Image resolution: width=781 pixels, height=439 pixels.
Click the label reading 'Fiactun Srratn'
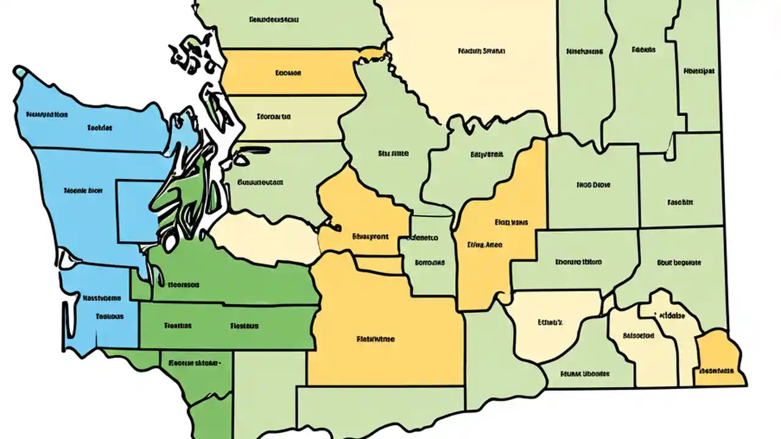tap(481, 52)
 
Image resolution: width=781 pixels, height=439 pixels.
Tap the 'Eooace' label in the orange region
tap(288, 73)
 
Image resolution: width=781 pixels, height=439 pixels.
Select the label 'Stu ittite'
tap(393, 154)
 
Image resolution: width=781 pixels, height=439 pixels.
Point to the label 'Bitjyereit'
tap(486, 155)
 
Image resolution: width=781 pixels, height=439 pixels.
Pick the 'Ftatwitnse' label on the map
tap(375, 338)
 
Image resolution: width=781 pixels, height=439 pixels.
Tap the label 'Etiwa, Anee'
tap(484, 245)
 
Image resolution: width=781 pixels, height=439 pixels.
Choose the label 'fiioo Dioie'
tap(592, 184)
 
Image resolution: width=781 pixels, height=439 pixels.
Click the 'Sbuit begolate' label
tap(679, 263)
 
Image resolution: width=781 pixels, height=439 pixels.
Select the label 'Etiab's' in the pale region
tap(550, 321)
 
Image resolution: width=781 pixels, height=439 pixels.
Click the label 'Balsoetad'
tap(638, 335)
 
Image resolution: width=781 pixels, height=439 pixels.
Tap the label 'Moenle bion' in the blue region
tap(83, 190)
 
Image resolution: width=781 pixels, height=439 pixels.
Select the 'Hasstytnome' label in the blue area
tap(101, 299)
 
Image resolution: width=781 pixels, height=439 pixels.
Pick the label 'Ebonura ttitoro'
tap(578, 262)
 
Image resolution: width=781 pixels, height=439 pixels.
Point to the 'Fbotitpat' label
tap(699, 71)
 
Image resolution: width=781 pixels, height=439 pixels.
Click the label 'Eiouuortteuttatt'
tap(260, 182)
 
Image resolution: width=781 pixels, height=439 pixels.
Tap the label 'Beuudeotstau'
tap(275, 19)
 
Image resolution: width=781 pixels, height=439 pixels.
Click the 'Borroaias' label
tap(430, 263)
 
